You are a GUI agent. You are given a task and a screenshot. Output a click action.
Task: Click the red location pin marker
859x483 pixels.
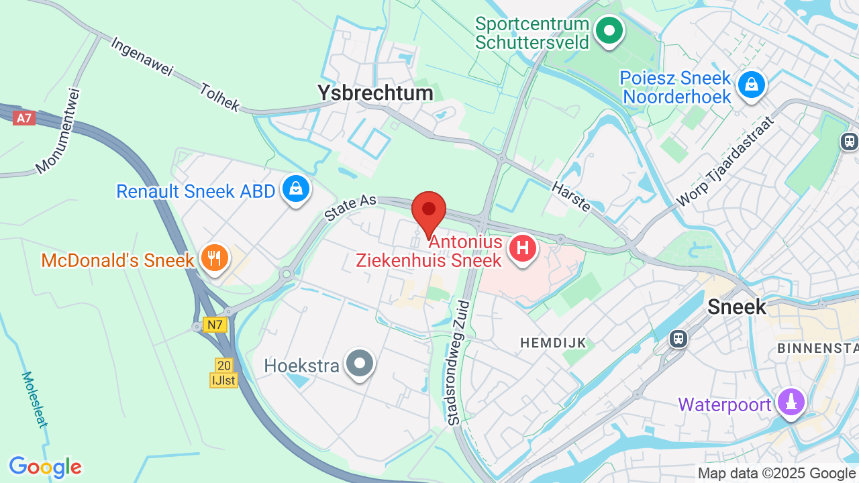coord(429,211)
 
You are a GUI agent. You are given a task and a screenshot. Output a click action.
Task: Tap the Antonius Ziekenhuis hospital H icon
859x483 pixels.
coord(523,249)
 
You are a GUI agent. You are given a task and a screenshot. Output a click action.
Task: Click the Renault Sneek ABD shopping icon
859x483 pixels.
coord(295,189)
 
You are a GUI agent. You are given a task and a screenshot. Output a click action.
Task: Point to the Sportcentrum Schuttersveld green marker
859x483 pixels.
coord(609,31)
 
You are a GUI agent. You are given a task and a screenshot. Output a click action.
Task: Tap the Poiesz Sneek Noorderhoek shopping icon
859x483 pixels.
coord(751,85)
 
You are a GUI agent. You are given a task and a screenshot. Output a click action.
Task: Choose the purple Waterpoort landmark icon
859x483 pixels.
coord(792,402)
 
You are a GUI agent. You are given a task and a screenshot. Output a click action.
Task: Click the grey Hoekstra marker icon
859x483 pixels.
coord(360,364)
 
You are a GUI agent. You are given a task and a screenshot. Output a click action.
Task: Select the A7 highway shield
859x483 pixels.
coord(24,118)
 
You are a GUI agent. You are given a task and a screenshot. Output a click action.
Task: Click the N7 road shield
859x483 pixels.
coord(215,325)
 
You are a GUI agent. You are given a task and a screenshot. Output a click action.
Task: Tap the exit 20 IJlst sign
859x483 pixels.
coord(223,373)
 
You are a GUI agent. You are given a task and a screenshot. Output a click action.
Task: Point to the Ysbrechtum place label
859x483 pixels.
coord(375,93)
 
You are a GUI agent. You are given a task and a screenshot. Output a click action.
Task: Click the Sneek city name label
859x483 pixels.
coord(737,307)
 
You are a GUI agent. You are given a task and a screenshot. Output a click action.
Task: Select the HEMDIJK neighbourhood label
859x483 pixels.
coord(553,343)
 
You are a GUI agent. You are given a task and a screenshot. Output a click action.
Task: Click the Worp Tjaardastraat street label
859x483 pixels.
coord(725,161)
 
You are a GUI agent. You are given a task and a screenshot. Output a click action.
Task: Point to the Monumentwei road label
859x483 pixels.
coord(58,131)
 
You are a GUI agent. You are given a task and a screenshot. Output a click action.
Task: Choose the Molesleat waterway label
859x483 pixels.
coord(34,399)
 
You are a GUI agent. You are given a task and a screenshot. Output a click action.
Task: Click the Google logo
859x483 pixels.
coord(45,467)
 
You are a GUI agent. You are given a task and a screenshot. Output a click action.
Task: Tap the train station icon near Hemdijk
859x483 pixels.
coord(678,338)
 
